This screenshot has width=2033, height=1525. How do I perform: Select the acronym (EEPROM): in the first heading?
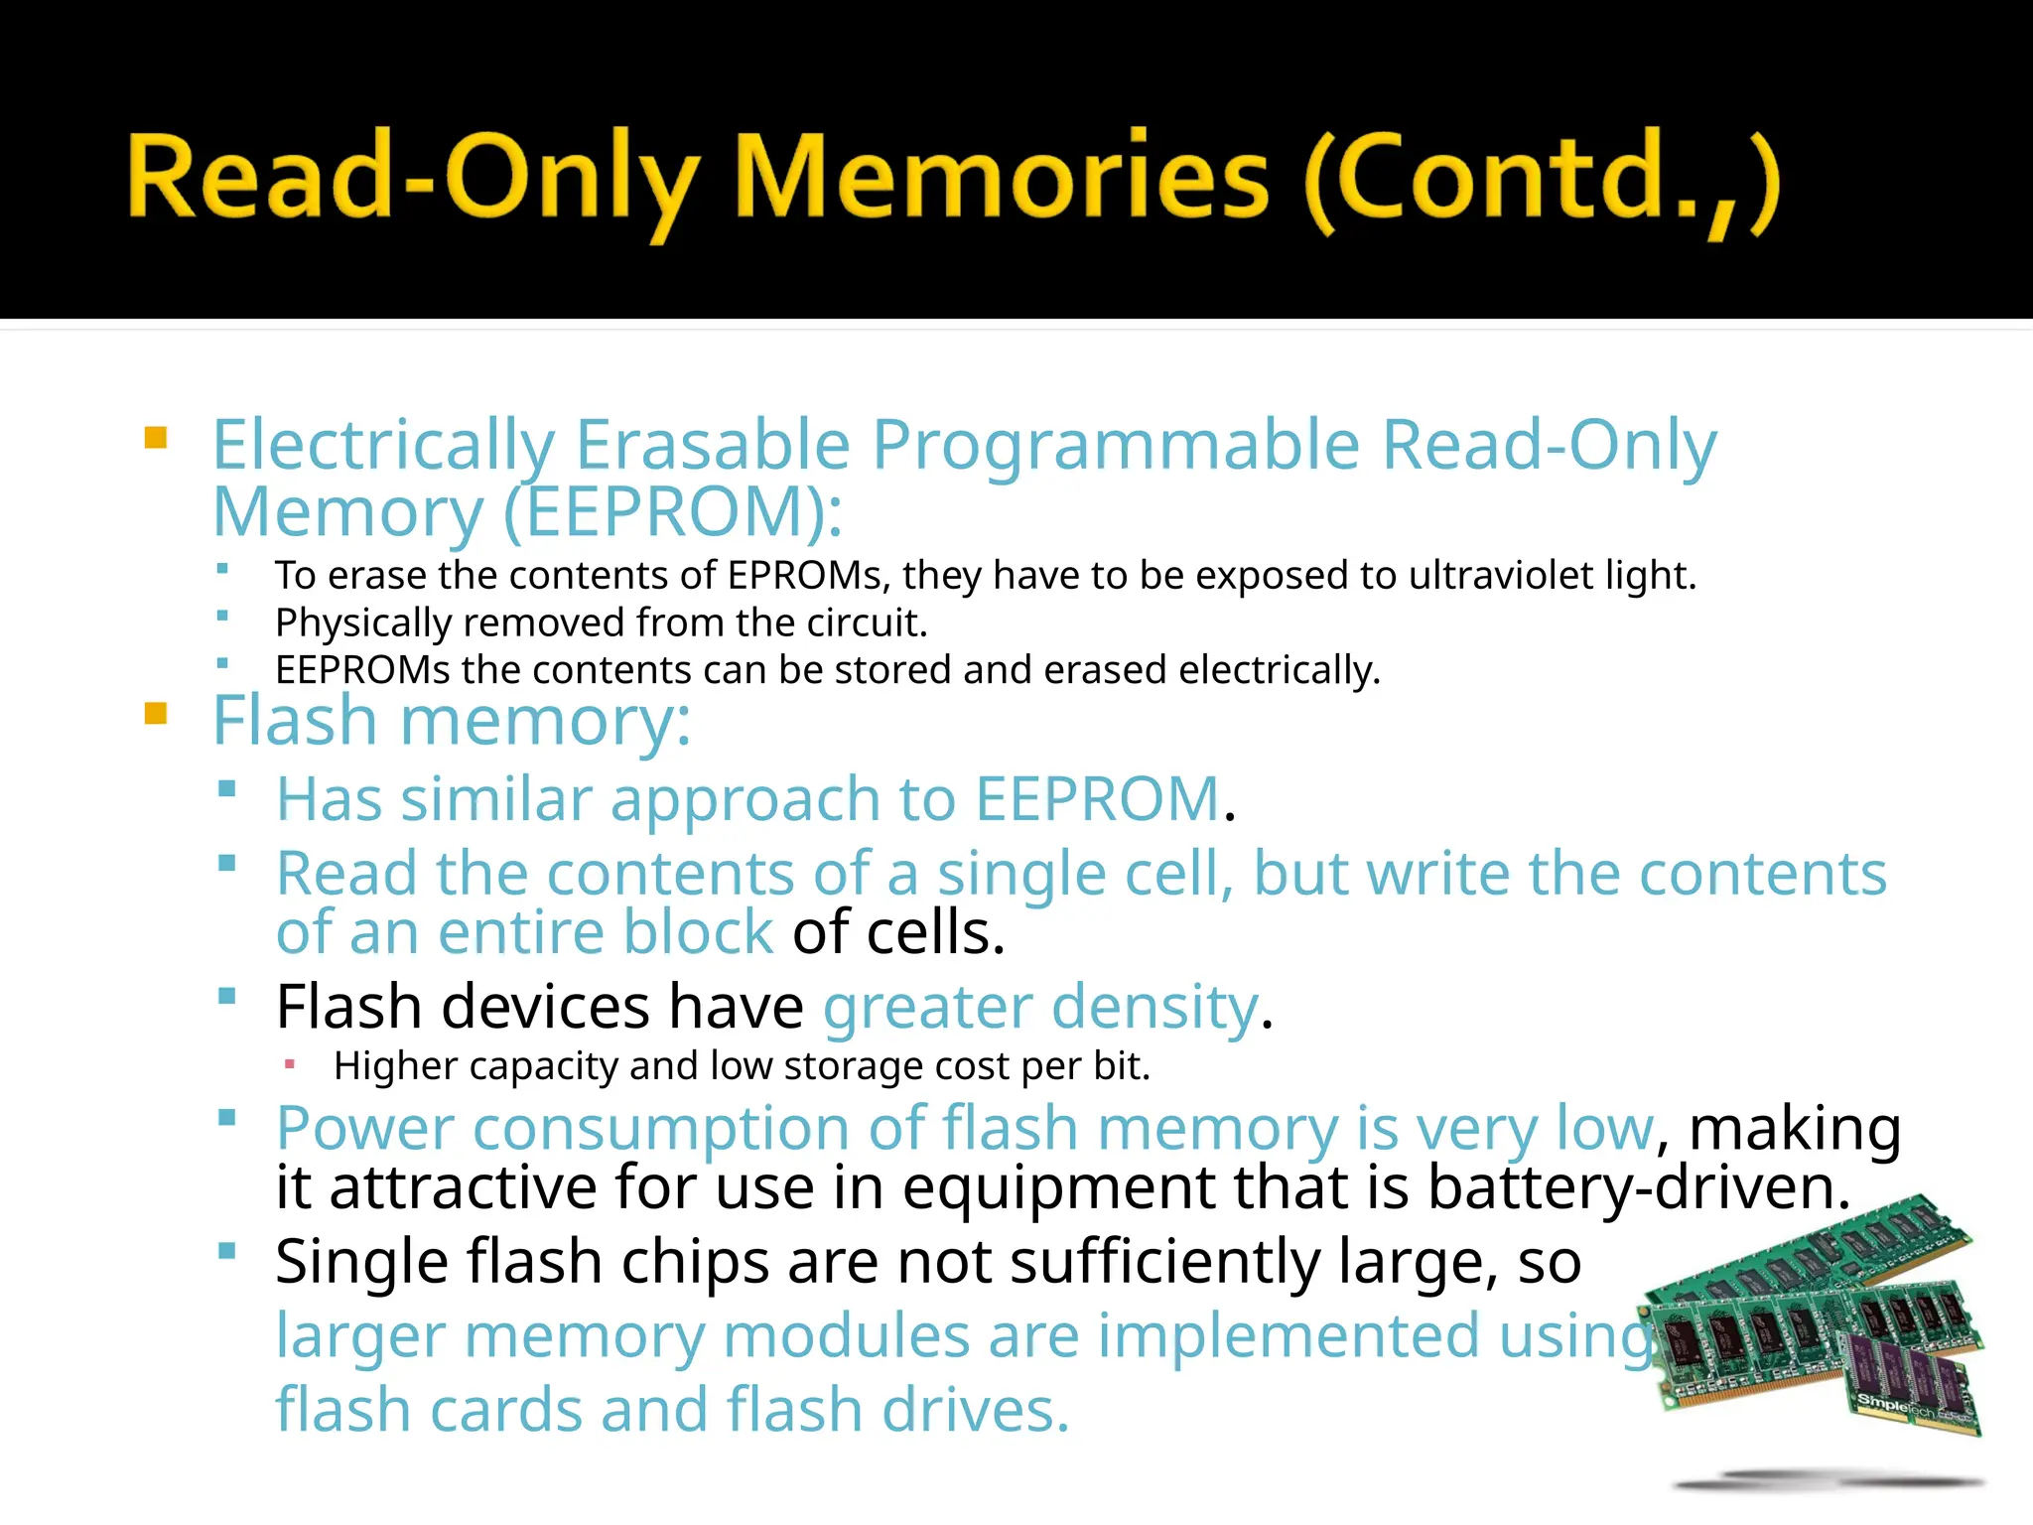point(673,512)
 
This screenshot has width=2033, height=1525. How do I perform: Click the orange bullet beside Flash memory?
point(156,714)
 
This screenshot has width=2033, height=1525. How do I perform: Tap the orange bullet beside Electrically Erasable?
point(156,438)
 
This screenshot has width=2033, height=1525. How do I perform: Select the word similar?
point(495,799)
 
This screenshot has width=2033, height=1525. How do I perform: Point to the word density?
point(1155,1008)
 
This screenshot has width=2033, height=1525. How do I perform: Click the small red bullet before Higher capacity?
point(290,1064)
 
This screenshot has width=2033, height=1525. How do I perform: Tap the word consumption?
point(660,1129)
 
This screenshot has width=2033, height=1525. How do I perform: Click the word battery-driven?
point(1638,1187)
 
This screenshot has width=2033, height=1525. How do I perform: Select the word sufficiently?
point(1164,1262)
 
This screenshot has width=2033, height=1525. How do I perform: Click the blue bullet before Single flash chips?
point(227,1251)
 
